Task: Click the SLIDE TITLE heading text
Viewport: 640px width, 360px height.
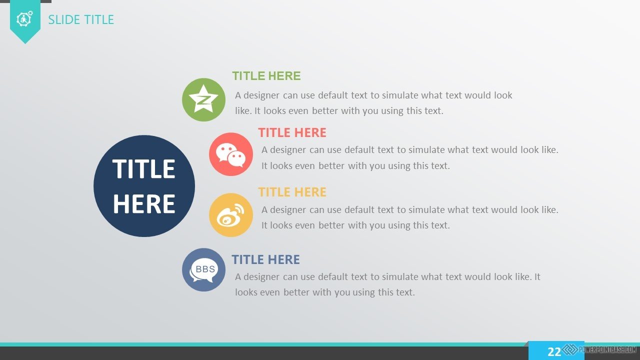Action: tap(81, 19)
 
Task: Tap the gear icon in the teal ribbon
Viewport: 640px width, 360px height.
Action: tap(24, 19)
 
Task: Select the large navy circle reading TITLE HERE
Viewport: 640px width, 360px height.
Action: tap(144, 186)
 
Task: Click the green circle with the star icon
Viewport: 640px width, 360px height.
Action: tap(203, 99)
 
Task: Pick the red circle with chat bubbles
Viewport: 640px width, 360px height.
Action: tap(231, 154)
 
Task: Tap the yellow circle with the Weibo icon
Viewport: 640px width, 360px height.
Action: tap(231, 215)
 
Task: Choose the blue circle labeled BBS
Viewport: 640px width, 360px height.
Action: tap(203, 269)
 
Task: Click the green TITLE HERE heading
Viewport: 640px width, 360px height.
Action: tap(266, 76)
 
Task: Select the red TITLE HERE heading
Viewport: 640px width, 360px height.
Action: tap(292, 132)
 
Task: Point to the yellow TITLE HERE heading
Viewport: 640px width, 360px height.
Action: tap(292, 192)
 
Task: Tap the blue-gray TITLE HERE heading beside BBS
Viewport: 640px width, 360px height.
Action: tap(265, 259)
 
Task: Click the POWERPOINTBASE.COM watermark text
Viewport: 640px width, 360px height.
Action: tap(607, 349)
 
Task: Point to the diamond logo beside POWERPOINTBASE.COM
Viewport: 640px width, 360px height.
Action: tap(570, 349)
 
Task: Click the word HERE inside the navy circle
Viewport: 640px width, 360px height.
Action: tap(144, 203)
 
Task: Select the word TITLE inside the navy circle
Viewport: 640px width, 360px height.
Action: tap(143, 169)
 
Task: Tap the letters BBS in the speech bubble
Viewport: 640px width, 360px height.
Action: tap(205, 269)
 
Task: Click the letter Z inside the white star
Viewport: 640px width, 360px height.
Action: tap(204, 100)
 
